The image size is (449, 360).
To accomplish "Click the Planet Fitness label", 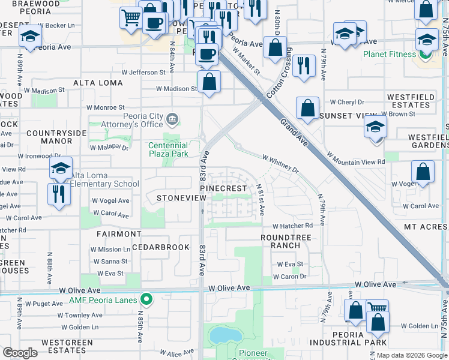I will (388, 54).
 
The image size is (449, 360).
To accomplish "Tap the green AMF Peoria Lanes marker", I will (146, 299).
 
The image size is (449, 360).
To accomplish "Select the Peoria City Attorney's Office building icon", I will (173, 118).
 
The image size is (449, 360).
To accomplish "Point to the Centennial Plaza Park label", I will (169, 149).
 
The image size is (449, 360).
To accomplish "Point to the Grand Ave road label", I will (294, 133).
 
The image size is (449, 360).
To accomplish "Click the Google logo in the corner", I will (20, 352).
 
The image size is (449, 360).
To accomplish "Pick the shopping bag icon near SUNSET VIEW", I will (307, 108).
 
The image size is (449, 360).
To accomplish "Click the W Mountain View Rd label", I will (356, 158).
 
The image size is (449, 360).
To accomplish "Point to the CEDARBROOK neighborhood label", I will (160, 247).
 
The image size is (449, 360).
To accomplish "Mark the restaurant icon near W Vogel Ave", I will (58, 194).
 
